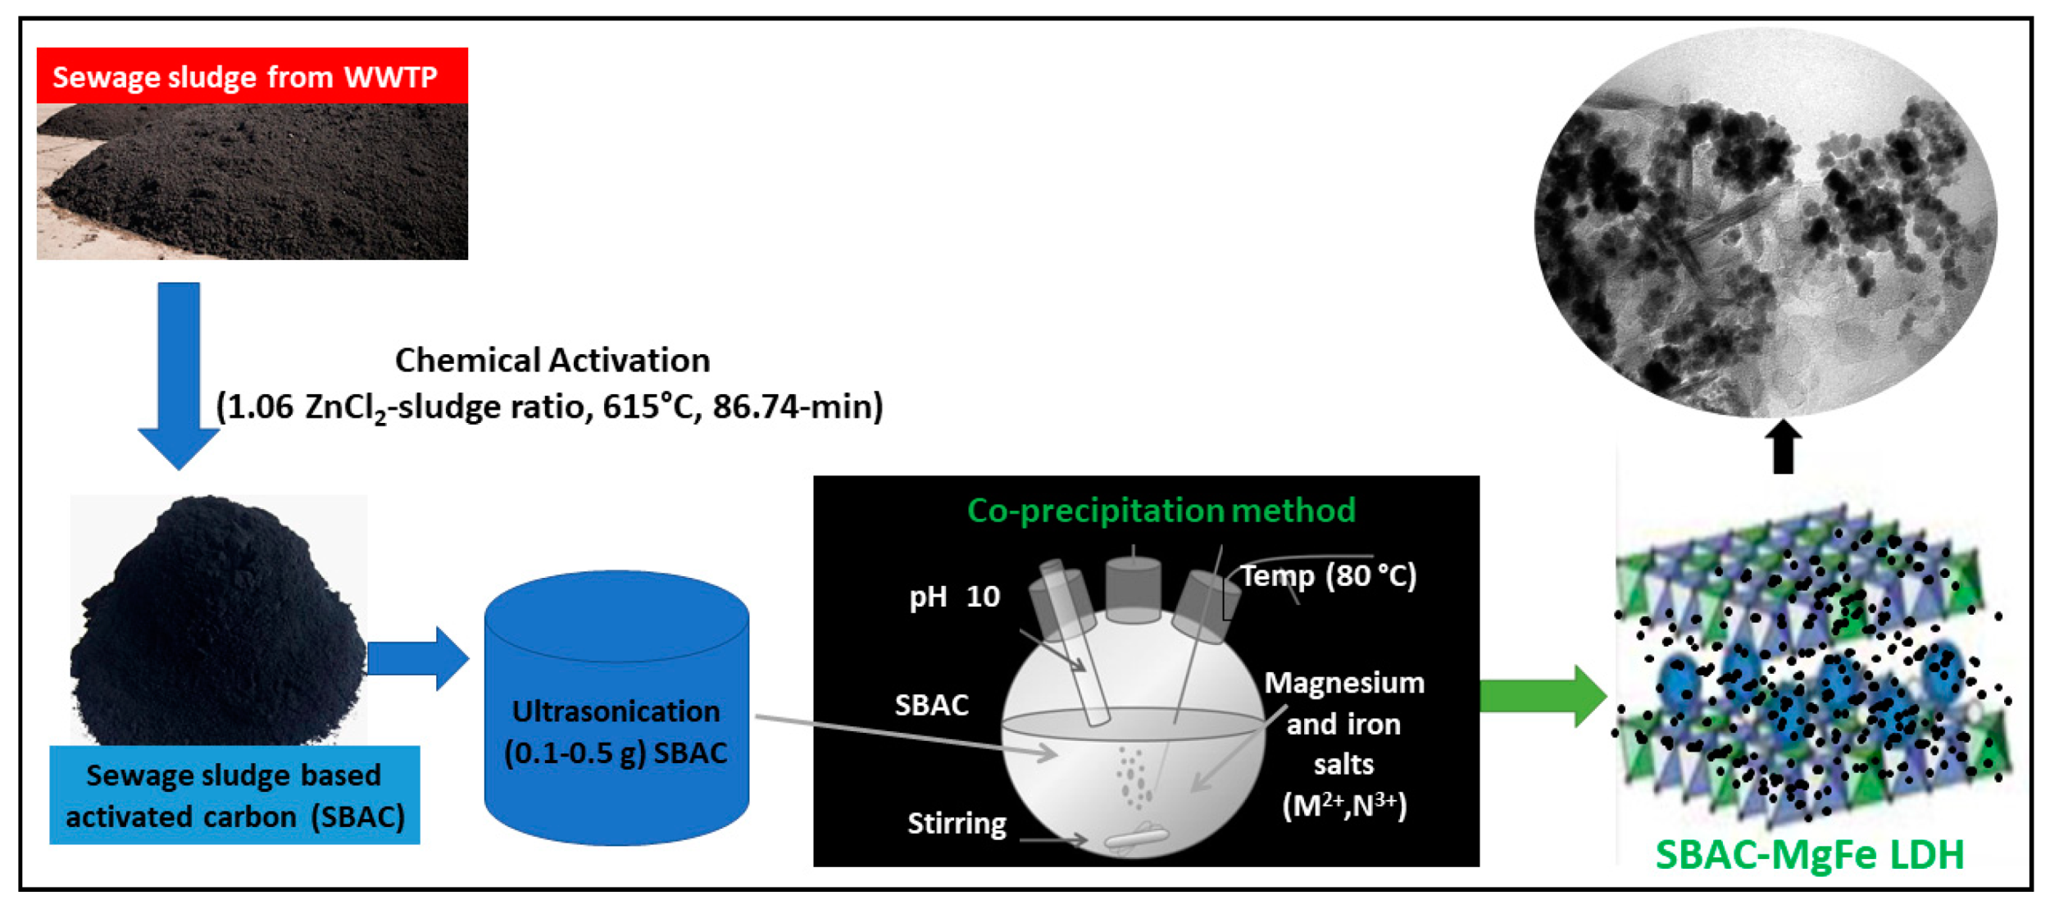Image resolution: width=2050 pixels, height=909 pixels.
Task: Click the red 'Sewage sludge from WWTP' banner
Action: tap(252, 75)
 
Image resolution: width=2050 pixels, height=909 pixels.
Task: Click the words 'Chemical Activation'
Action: tap(552, 360)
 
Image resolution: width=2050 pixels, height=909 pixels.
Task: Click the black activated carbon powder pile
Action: tap(218, 623)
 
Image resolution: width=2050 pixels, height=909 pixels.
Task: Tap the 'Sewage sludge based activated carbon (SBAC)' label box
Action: tap(234, 795)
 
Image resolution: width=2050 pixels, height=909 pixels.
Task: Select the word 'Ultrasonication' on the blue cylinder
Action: tap(616, 711)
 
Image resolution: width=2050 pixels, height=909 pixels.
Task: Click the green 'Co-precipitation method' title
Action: tap(1161, 511)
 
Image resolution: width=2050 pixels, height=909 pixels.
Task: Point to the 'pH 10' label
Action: tap(954, 597)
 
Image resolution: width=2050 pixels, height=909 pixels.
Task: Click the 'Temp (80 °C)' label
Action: tap(1328, 575)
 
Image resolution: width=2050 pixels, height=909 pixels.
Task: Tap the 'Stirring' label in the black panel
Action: tap(957, 823)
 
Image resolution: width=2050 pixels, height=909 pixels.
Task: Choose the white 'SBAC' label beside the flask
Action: tap(931, 705)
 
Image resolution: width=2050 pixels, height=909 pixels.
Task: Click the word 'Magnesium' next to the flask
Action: tap(1344, 683)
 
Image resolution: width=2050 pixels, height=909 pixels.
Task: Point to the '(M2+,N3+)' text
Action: tap(1344, 806)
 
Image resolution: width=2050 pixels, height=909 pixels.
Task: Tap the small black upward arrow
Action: tap(1783, 447)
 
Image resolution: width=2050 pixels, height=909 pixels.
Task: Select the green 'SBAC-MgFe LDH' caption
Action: tap(1810, 855)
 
